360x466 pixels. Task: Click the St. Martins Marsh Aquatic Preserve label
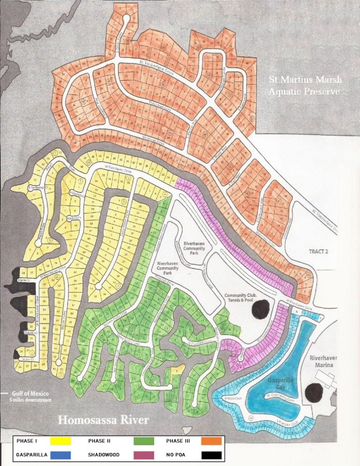(x=304, y=86)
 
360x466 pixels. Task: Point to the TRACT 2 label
(x=319, y=251)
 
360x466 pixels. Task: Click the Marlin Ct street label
(x=24, y=280)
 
